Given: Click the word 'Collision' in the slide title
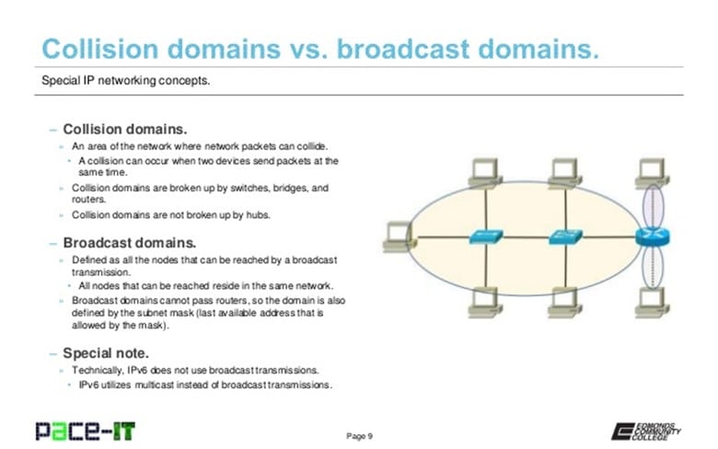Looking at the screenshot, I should [102, 49].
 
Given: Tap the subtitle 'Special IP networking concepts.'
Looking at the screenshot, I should [126, 80].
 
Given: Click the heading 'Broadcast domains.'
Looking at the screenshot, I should [129, 244].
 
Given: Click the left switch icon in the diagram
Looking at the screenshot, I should [481, 236].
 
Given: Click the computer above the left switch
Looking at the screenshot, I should [482, 170].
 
